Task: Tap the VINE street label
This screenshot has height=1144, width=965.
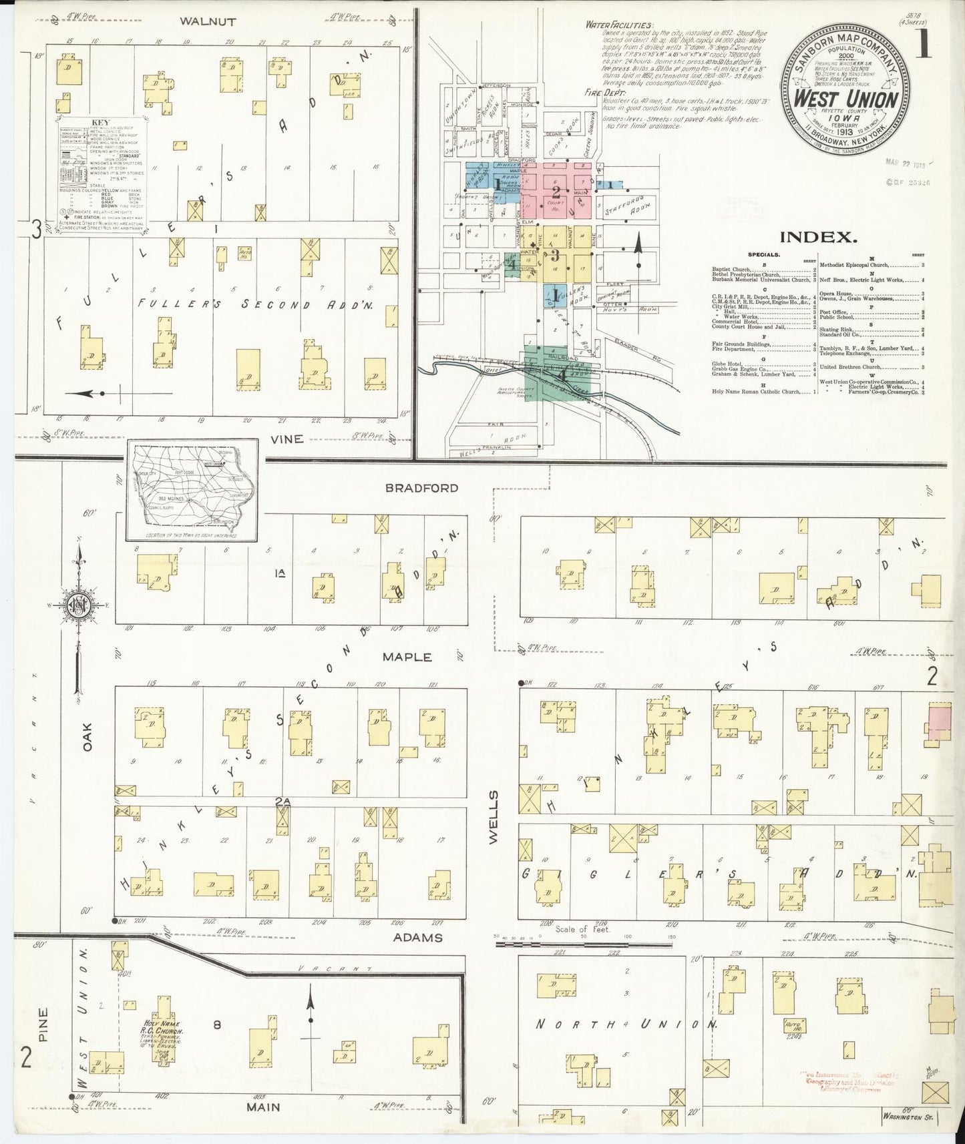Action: click(x=287, y=439)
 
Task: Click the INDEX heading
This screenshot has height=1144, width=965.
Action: click(x=818, y=236)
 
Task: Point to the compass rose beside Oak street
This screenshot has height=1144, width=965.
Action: click(x=78, y=605)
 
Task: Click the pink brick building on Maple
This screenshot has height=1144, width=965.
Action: click(x=938, y=724)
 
